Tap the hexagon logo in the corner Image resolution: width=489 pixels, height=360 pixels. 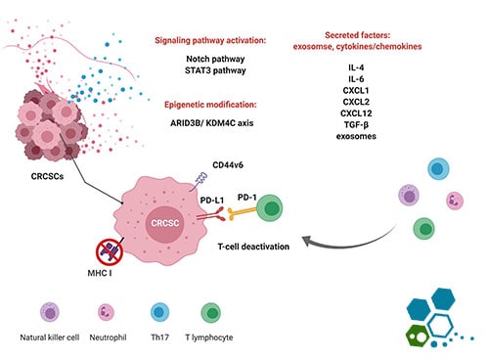[442, 313]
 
